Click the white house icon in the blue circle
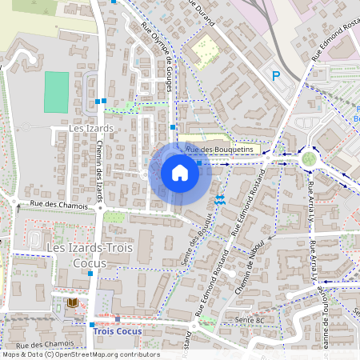[x=180, y=173]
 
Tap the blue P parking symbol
[x=276, y=76]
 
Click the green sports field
[x=56, y=92]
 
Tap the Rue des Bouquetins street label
[x=219, y=150]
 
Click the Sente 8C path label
[x=250, y=320]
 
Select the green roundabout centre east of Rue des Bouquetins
[x=309, y=158]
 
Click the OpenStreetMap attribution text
[x=80, y=354]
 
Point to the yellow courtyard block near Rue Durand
[x=204, y=50]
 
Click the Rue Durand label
[x=201, y=14]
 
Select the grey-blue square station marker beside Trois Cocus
[x=117, y=318]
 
